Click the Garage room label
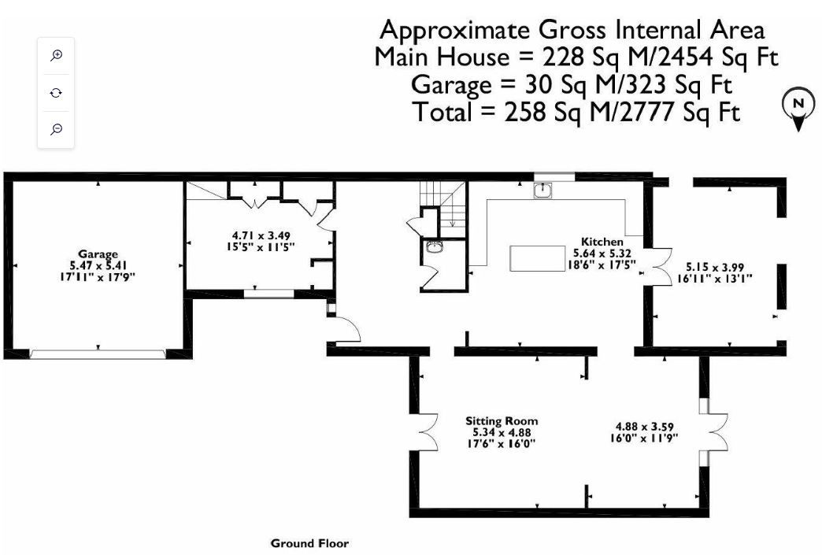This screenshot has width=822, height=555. [x=98, y=255]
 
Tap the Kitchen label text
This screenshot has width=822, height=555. [x=602, y=242]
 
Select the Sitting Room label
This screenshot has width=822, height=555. [x=502, y=421]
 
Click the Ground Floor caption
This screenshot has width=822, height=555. [x=309, y=543]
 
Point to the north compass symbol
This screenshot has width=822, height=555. [x=798, y=108]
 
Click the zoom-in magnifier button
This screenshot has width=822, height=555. [x=56, y=55]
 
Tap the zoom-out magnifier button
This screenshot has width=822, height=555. [x=56, y=129]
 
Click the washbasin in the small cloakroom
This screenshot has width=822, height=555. [x=434, y=247]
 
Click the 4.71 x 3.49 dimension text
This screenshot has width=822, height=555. [x=261, y=236]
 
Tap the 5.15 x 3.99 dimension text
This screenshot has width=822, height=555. [x=715, y=268]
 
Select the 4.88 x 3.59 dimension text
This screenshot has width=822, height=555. [x=644, y=427]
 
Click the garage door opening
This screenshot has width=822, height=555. [x=98, y=354]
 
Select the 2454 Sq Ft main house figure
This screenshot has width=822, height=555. [x=717, y=57]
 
